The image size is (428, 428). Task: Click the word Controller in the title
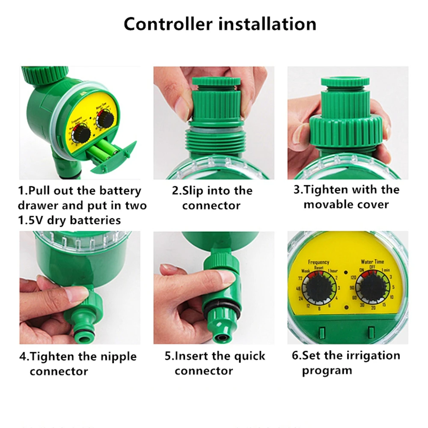tap(168, 24)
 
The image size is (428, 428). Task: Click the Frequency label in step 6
tap(318, 262)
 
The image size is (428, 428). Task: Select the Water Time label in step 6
tap(372, 262)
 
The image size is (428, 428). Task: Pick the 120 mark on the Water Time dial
tap(353, 278)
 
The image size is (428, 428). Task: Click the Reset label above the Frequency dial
tap(319, 267)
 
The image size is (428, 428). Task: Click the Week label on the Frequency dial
tap(306, 271)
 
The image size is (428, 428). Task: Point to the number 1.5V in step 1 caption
tap(32, 220)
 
